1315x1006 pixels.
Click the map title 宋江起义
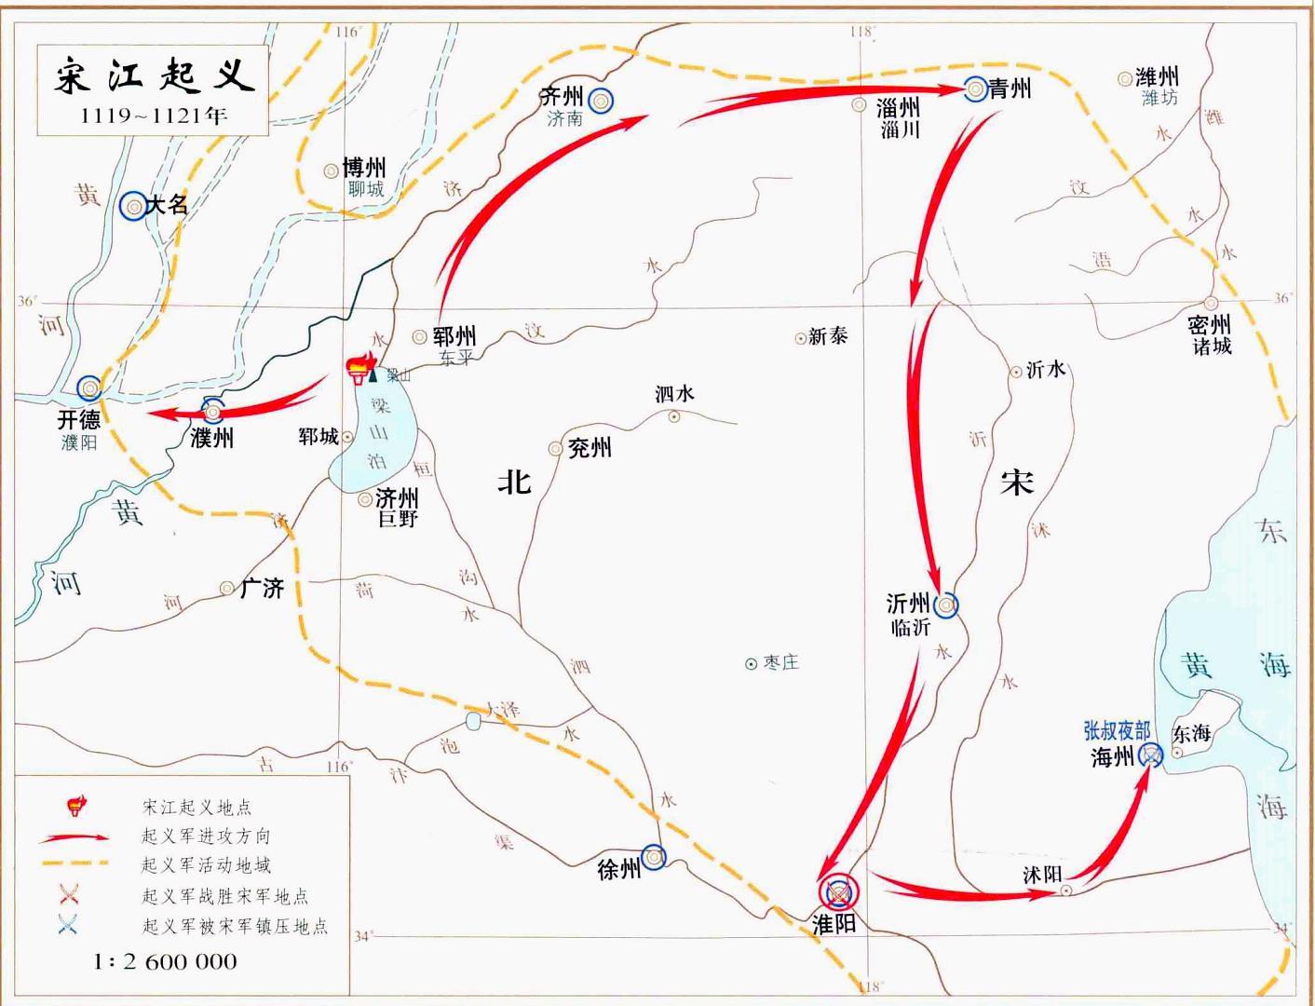154,75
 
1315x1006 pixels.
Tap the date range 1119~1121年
154,115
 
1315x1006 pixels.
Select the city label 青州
1010,88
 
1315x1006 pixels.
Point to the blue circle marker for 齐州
601,101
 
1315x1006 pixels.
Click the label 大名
168,205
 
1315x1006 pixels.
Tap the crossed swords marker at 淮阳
839,892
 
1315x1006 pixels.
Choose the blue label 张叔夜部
1117,730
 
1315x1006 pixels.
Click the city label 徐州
619,869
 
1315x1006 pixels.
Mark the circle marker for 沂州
946,605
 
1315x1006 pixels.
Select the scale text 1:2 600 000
165,961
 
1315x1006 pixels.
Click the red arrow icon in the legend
74,836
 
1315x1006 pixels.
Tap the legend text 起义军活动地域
206,865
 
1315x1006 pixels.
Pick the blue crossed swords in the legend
68,925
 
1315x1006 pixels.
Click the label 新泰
828,336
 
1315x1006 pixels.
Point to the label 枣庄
780,662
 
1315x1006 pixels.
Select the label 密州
1209,324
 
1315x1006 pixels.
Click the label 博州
364,168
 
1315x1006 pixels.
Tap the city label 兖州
590,448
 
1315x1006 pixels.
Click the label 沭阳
1042,875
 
